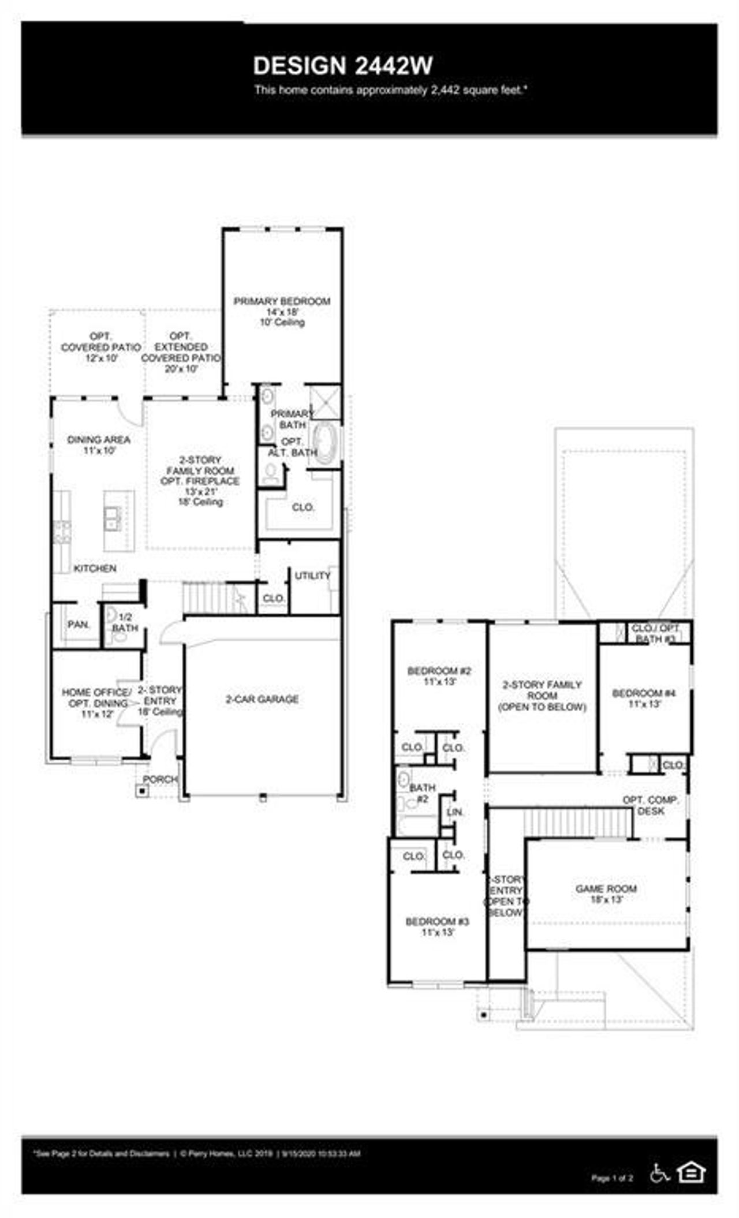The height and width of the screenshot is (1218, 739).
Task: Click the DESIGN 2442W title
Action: [343, 66]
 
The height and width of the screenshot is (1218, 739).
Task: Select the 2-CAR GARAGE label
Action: [262, 700]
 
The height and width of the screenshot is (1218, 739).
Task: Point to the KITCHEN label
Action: [95, 569]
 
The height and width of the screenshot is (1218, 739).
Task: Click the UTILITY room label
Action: [312, 576]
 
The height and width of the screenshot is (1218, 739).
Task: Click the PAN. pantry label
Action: [79, 625]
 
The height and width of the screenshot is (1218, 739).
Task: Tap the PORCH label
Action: [160, 779]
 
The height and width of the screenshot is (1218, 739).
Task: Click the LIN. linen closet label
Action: [456, 812]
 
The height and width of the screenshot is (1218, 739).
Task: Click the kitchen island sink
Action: [113, 518]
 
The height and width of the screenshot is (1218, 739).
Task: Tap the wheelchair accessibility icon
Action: [659, 1172]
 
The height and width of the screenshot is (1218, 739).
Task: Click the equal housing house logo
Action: [691, 1172]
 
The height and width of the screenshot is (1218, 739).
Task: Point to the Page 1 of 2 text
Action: [612, 1178]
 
